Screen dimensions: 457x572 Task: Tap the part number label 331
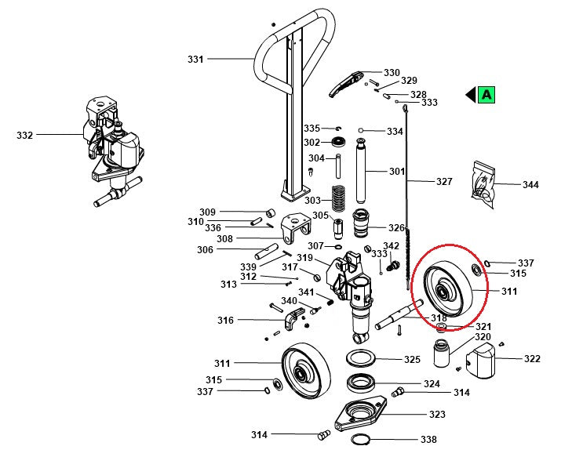point(195,59)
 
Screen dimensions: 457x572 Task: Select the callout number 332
point(25,135)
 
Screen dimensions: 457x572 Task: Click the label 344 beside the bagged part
point(530,185)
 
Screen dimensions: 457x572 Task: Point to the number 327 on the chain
point(444,181)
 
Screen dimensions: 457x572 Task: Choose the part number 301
point(397,171)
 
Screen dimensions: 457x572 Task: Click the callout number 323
point(436,414)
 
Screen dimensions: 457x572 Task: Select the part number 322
point(532,359)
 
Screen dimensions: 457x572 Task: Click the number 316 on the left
point(225,320)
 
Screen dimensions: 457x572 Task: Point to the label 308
point(224,238)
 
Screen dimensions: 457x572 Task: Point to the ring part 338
point(360,438)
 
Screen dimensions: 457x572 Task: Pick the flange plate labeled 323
point(361,412)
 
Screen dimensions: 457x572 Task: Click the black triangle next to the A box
point(470,95)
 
